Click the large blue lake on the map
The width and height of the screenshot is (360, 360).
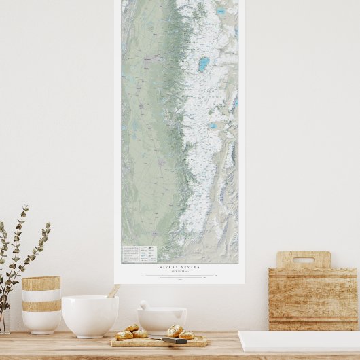click(x=203, y=65)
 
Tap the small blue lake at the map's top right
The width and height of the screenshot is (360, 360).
click(x=221, y=12)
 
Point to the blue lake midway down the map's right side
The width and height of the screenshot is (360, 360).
click(x=213, y=126)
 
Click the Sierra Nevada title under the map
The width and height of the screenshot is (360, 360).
click(x=179, y=268)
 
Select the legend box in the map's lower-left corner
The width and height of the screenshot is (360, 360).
click(x=139, y=254)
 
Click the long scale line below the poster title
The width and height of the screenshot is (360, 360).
click(x=179, y=276)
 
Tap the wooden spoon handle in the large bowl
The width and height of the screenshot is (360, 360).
click(x=113, y=291)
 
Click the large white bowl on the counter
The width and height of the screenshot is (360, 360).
click(x=90, y=316)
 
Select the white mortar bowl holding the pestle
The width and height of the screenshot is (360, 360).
click(x=162, y=320)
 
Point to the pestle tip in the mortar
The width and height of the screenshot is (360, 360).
click(x=144, y=305)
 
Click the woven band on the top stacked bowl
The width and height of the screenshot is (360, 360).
click(x=41, y=283)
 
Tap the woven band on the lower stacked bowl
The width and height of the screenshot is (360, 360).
click(x=41, y=306)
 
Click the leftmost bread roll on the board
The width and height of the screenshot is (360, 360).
click(x=124, y=335)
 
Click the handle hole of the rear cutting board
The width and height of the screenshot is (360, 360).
click(x=303, y=259)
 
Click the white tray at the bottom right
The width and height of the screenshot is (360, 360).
click(x=299, y=341)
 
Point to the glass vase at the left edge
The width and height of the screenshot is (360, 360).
click(x=4, y=320)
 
